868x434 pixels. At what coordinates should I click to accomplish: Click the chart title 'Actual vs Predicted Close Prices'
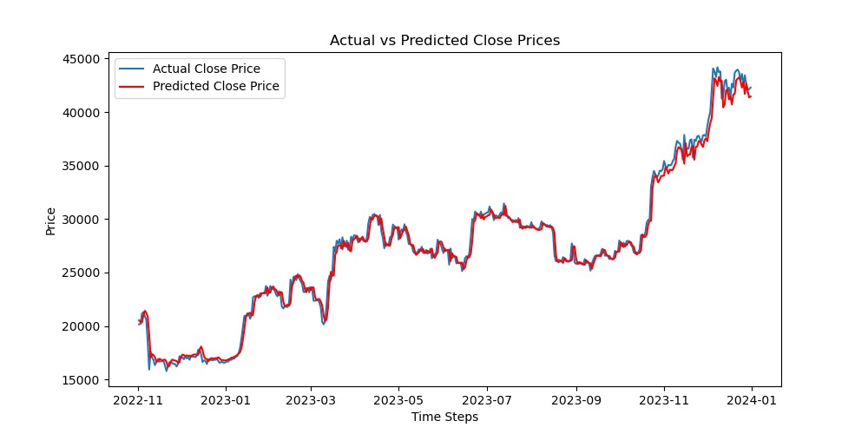[x=444, y=41]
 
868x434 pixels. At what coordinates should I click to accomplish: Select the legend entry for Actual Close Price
[x=206, y=69]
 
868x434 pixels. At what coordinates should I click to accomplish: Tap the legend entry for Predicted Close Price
[x=216, y=86]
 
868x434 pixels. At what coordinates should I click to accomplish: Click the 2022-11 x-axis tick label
[x=138, y=400]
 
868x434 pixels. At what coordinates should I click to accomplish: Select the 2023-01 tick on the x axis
[x=226, y=400]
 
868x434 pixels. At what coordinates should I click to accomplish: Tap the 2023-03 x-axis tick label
[x=311, y=400]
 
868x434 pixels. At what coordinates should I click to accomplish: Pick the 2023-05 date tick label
[x=398, y=400]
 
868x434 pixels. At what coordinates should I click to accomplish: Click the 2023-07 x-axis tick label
[x=487, y=400]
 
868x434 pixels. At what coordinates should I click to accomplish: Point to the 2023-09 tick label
[x=576, y=400]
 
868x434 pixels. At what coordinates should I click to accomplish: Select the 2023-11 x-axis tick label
[x=664, y=400]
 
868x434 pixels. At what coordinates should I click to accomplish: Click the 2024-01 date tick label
[x=752, y=400]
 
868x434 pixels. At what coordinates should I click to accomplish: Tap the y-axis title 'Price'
[x=51, y=221]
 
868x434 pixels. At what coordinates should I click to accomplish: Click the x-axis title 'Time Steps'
[x=444, y=417]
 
